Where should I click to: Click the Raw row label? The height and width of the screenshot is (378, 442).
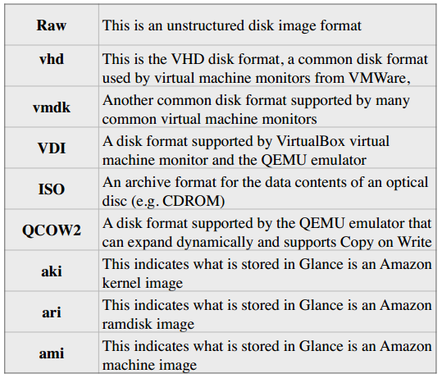(52, 25)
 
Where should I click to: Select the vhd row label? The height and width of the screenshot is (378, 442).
(52, 59)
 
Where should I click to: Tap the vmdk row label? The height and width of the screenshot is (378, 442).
(52, 107)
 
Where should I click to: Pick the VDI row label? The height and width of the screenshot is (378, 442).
(52, 148)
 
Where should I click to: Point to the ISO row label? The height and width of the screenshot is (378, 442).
(52, 189)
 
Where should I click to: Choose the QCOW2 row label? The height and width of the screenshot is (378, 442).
(52, 230)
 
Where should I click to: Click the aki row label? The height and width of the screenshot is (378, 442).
(52, 271)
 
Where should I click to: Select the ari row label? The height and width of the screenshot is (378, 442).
(52, 312)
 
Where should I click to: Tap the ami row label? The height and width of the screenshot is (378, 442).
(52, 353)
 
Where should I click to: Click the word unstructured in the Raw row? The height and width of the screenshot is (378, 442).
(206, 25)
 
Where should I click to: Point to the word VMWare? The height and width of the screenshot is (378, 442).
(380, 78)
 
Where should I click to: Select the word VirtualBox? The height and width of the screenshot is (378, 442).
(311, 141)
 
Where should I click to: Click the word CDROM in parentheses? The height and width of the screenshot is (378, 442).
(194, 201)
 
